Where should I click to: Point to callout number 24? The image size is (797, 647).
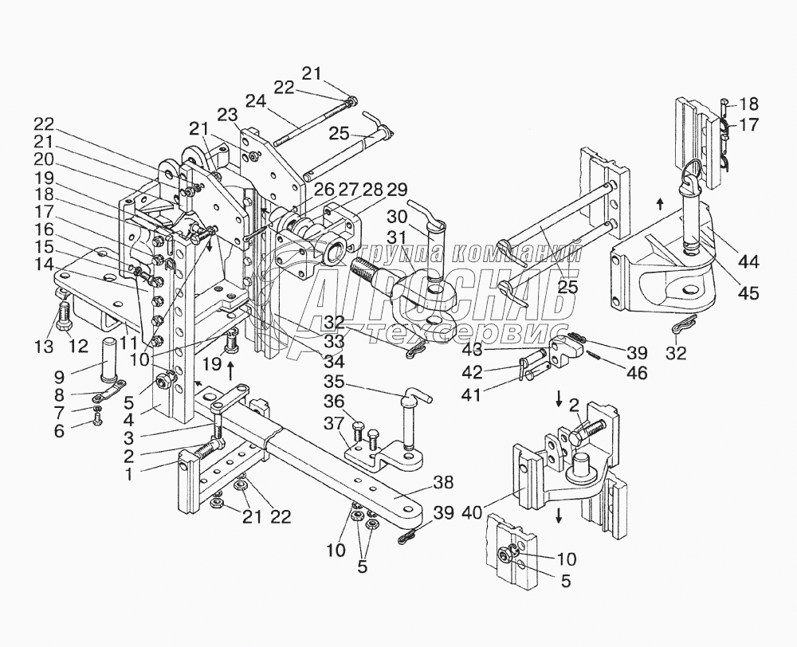(254, 101)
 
